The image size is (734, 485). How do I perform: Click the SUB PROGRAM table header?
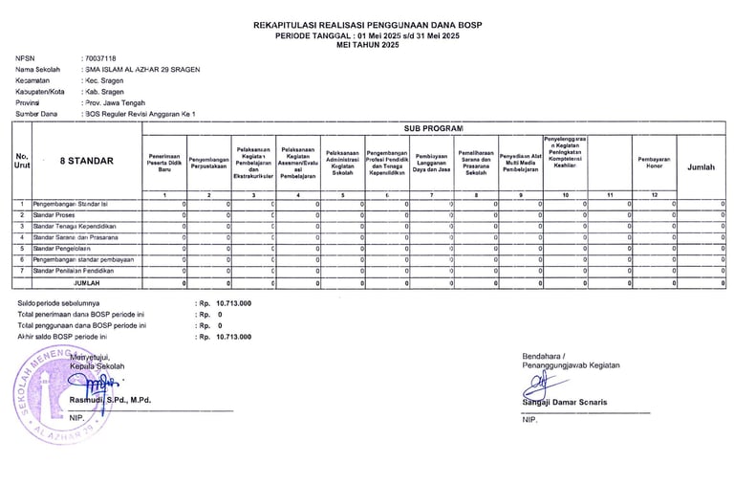click(432, 128)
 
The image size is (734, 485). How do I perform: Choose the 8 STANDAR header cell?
click(86, 162)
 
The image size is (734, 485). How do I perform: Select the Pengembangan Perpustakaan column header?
click(208, 162)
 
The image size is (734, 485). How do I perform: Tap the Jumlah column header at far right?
click(702, 166)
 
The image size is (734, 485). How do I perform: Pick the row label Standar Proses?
click(56, 216)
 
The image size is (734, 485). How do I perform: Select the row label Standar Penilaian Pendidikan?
click(83, 271)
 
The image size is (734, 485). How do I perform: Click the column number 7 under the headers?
click(431, 195)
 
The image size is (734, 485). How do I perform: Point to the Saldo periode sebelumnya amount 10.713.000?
click(233, 303)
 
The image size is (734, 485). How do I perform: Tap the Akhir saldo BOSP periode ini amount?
click(233, 338)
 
